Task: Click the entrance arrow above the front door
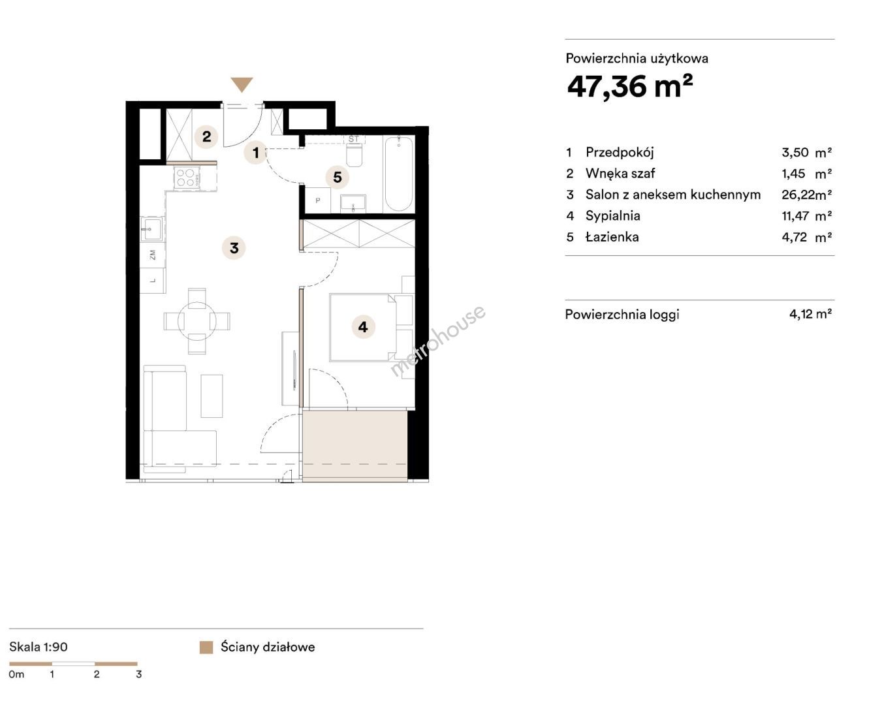242,84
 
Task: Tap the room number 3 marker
234,248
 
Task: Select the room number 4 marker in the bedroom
363,327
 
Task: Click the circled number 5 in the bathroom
338,178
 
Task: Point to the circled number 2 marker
206,136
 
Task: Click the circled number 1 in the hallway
256,153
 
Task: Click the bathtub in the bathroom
398,174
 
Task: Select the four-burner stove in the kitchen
187,178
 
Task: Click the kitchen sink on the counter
151,229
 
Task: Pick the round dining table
197,321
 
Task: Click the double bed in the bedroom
363,327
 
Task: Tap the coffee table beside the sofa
212,396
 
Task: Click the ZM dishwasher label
153,255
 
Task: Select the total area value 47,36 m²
629,86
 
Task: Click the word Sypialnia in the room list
613,215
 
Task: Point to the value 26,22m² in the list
806,195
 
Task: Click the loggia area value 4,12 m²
810,314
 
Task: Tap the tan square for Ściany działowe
206,647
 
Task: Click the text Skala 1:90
39,647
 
